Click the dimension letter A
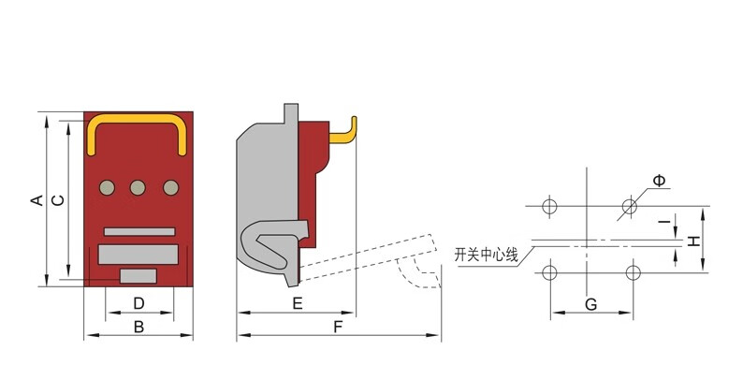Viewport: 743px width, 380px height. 36,200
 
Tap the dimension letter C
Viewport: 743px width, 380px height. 58,200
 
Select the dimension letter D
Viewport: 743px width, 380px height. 138,303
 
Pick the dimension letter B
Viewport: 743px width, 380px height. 138,327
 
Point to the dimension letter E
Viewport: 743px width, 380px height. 297,303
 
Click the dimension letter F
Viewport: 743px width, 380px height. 338,327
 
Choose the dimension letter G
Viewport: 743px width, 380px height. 590,305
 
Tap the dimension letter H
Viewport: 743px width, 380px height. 694,241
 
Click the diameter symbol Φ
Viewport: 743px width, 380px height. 659,181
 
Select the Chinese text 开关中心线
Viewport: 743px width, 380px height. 487,256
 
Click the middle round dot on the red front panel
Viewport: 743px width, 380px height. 138,187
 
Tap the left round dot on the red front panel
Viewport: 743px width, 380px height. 107,187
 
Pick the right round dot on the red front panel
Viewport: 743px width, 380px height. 171,187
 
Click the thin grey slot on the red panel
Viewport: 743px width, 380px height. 139,232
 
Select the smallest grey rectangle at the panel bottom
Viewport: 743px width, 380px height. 138,276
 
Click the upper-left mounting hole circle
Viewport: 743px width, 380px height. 549,206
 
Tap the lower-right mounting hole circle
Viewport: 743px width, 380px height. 634,273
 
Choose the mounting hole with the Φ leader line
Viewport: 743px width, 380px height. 629,206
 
